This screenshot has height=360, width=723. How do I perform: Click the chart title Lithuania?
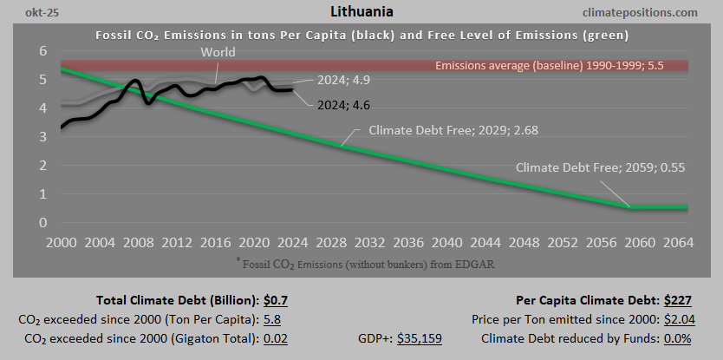(x=361, y=12)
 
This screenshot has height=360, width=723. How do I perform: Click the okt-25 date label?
(x=26, y=12)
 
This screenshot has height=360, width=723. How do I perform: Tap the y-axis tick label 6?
(x=42, y=51)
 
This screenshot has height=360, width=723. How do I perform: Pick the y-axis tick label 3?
(x=42, y=137)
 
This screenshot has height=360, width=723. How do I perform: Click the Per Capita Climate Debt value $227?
(x=679, y=301)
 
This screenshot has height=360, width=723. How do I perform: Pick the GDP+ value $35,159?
(x=420, y=338)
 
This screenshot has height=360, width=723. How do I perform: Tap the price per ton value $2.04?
(x=679, y=319)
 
